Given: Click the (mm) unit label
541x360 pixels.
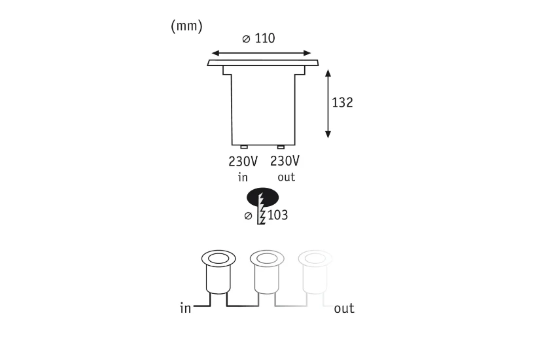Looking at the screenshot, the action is (x=186, y=26).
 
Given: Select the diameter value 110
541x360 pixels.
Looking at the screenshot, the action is (x=265, y=38).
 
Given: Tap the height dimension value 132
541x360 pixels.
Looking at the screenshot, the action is (x=342, y=103).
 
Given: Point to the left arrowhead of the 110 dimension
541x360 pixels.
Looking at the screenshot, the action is (x=216, y=53).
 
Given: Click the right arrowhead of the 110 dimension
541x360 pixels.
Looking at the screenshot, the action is (x=307, y=53).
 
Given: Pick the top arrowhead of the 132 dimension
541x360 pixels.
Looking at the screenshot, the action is (x=328, y=73).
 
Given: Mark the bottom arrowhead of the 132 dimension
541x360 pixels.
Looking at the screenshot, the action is (x=328, y=134).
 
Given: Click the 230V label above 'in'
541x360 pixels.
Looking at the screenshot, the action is (x=243, y=162).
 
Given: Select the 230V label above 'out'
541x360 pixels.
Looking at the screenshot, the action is (x=285, y=161).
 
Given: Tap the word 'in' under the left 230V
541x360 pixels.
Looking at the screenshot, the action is (x=243, y=177).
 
